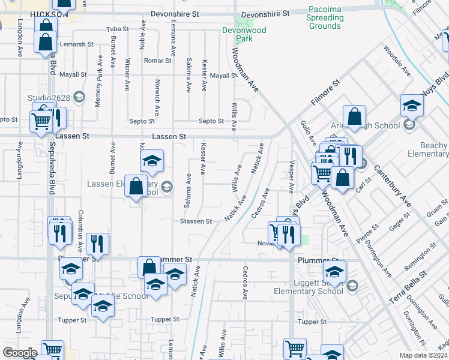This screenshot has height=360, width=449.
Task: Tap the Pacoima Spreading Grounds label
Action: tap(325, 17)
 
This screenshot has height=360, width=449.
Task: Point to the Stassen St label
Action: tap(196, 221)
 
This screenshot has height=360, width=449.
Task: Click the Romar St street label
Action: tap(158, 61)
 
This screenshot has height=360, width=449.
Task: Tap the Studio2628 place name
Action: tap(49, 98)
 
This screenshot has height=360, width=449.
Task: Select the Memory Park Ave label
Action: tap(98, 82)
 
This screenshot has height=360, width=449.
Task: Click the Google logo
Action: tap(20, 353)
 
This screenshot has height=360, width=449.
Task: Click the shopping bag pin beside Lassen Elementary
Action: tap(136, 187)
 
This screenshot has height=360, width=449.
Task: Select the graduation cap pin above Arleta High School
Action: tap(412, 106)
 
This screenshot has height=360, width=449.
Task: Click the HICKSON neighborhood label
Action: tap(49, 14)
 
